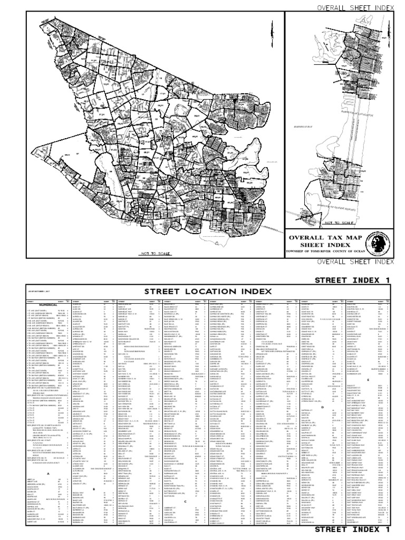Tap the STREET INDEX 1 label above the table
click(359, 279)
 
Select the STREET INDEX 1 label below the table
click(359, 529)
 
